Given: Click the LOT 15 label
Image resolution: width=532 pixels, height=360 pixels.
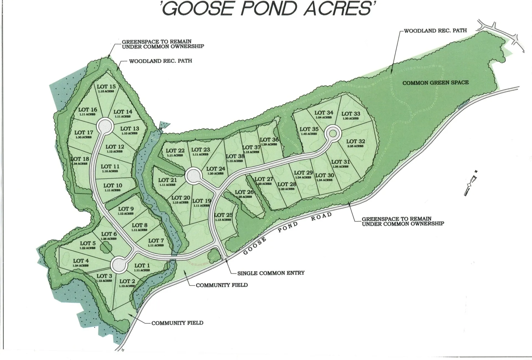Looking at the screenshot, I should coord(106,87).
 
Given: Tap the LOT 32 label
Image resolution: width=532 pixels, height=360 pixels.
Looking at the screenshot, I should coord(355,142).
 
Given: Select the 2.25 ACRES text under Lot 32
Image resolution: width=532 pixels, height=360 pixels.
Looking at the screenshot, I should coord(355,146).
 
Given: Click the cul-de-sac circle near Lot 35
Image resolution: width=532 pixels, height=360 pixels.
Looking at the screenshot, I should coord(333,134).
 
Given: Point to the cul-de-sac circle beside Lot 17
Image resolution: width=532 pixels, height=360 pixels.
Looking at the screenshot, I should coord(105,126).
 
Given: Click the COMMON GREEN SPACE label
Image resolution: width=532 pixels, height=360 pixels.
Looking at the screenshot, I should coord(436,83).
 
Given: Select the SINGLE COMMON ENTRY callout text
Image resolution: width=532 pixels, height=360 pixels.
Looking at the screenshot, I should coord(271,273).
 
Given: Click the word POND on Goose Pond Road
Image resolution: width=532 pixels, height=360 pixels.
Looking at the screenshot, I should coord(288,227).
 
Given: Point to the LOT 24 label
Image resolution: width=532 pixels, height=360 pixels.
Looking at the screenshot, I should coord(216,169).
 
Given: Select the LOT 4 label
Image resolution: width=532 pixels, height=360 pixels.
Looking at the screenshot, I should coord(81,261).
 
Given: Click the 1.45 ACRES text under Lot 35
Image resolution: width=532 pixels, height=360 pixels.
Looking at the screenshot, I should coord(309,134).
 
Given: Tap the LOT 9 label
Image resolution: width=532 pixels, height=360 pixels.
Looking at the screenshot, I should coord(126,209).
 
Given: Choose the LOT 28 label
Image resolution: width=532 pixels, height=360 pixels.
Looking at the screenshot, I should coord(287,184).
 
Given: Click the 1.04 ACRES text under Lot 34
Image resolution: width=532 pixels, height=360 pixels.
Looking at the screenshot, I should coord(324,118).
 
